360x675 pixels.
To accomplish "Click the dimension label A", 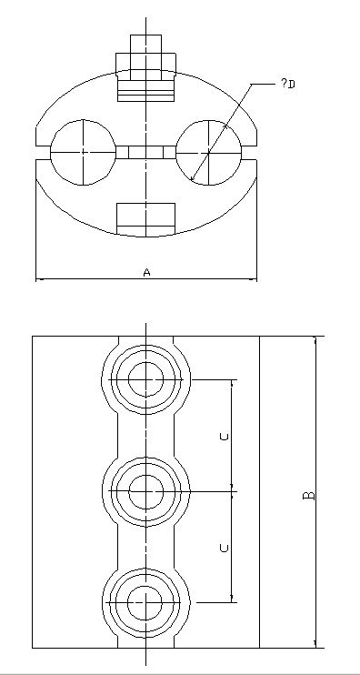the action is pos(146,272).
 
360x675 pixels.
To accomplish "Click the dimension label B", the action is pos(309,496).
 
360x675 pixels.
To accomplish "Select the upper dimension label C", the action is pos(224,437).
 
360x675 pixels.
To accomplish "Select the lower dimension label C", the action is pos(224,548).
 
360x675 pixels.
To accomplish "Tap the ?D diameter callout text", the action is pos(288,83).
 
